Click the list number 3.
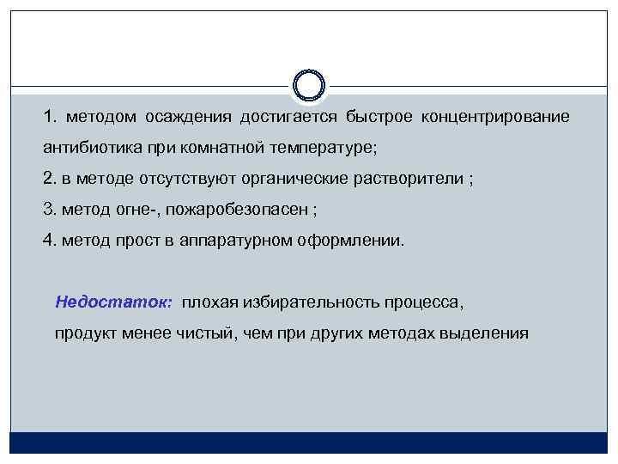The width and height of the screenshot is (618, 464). click(x=49, y=209)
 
